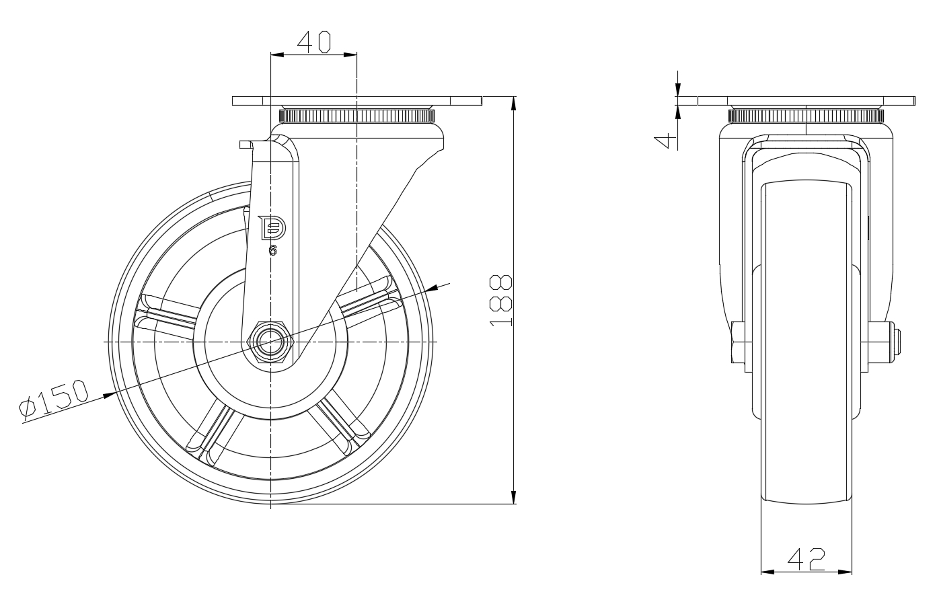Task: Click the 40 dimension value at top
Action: [314, 42]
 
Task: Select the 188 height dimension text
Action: [502, 301]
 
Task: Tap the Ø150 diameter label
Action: [54, 400]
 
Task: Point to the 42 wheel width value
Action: [806, 559]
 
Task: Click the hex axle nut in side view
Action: [270, 342]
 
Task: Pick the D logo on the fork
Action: [272, 229]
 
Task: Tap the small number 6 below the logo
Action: [273, 251]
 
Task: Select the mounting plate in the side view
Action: [806, 101]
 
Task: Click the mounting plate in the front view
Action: [356, 101]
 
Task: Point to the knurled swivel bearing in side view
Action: [806, 115]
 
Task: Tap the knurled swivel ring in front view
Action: [356, 116]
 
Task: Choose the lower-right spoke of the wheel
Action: [340, 424]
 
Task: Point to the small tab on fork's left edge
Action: [246, 143]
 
